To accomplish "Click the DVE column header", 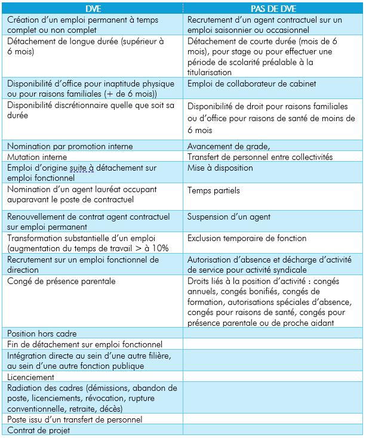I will pyautogui.click(x=93, y=9).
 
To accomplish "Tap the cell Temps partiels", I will pyautogui.click(x=214, y=191).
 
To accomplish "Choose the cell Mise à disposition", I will pyautogui.click(x=220, y=168).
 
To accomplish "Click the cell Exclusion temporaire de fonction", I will pyautogui.click(x=247, y=239).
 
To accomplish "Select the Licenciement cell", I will pyautogui.click(x=31, y=377).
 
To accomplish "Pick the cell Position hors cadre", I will pyautogui.click(x=42, y=333).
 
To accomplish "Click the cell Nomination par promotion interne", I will pyautogui.click(x=70, y=146).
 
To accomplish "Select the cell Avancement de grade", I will pyautogui.click(x=229, y=146).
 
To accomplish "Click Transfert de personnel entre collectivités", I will pyautogui.click(x=260, y=157).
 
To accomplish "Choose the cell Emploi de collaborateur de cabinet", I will pyautogui.click(x=251, y=84).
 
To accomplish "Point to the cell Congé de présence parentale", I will pyautogui.click(x=61, y=281).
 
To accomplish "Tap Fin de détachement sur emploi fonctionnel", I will pyautogui.click(x=84, y=344).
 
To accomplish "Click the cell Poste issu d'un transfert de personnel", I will pyautogui.click(x=75, y=420).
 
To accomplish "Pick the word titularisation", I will pyautogui.click(x=210, y=72).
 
